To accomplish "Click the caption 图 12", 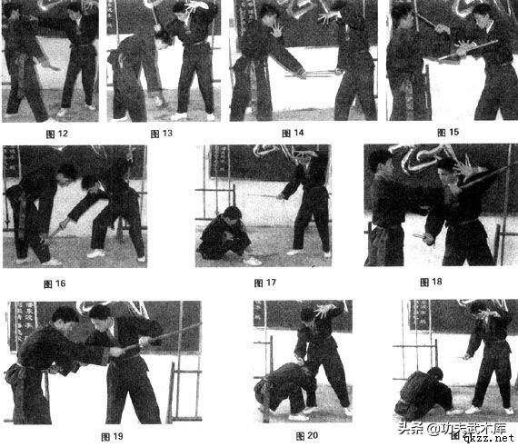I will click(x=56, y=133).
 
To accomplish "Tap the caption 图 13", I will click(x=161, y=133).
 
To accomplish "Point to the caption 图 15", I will click(x=446, y=133).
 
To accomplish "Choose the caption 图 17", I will click(x=265, y=283).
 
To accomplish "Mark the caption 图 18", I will click(x=431, y=282).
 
